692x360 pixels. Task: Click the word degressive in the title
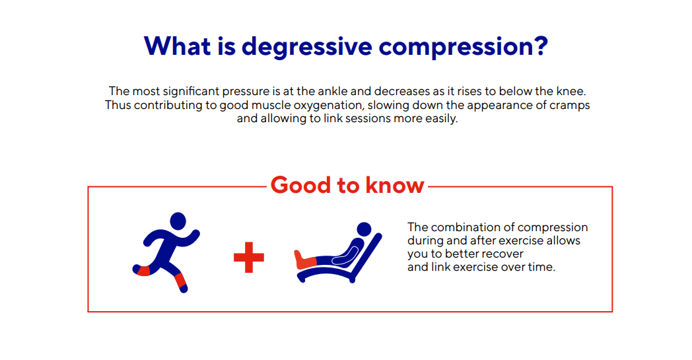(x=307, y=46)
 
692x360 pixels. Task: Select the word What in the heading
(x=177, y=45)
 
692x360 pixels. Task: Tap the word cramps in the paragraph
(x=570, y=106)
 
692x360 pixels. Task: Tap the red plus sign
(x=249, y=257)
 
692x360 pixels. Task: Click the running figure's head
(x=178, y=221)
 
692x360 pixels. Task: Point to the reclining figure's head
(x=364, y=229)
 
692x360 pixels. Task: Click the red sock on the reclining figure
(x=305, y=260)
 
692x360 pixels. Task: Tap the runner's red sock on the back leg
(x=143, y=270)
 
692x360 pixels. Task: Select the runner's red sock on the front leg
(x=180, y=281)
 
